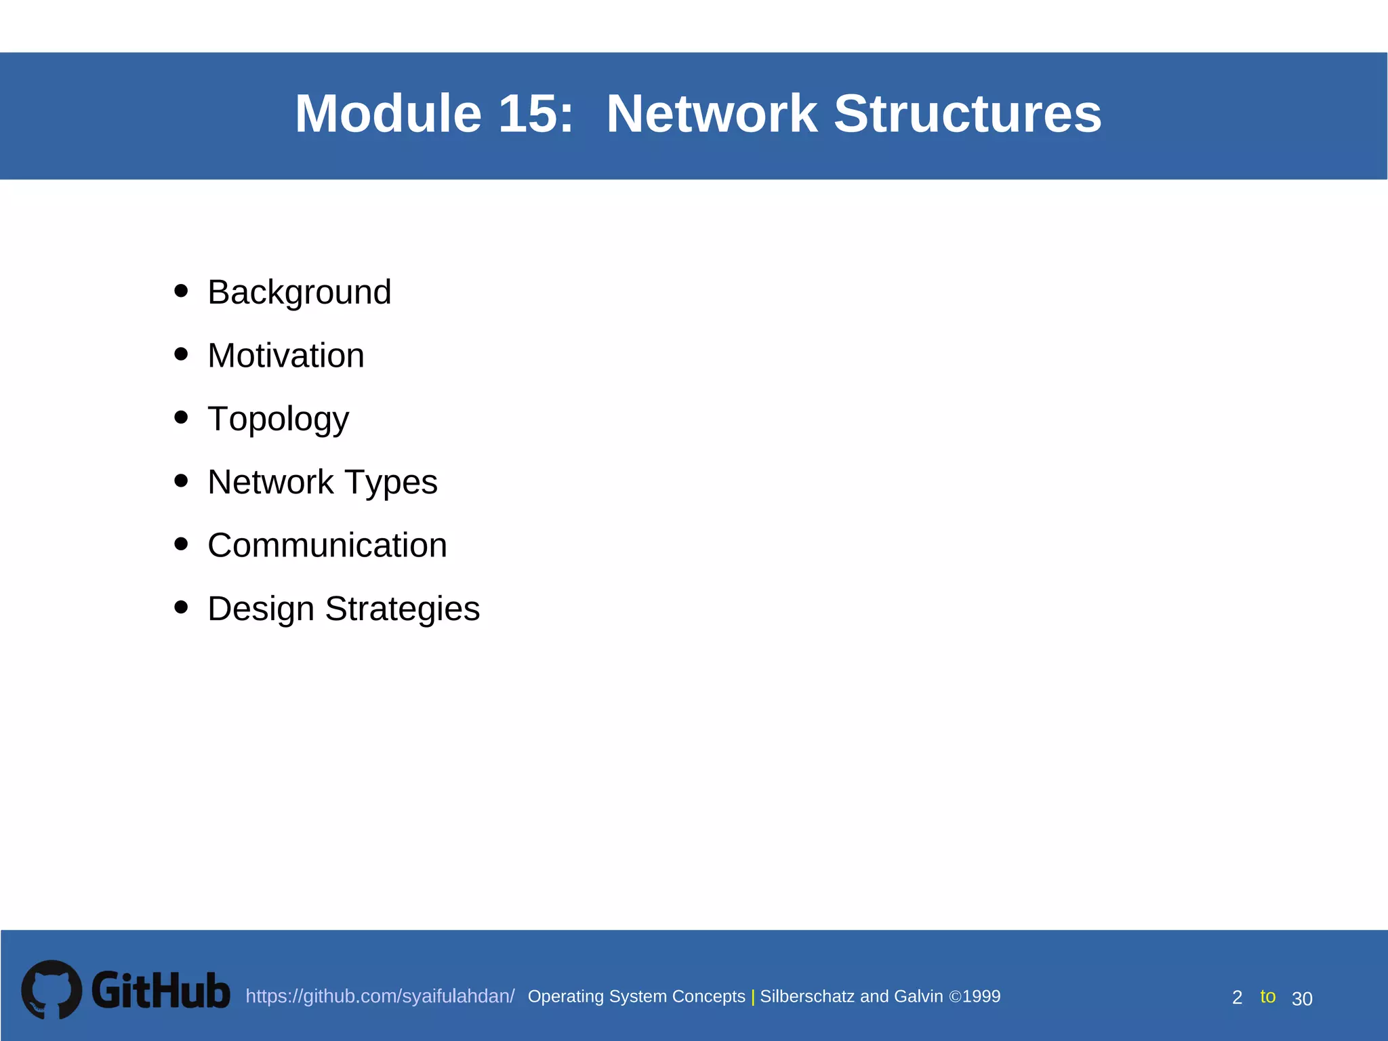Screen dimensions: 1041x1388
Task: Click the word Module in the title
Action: tap(388, 114)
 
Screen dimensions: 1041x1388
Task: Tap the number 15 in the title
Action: tap(535, 114)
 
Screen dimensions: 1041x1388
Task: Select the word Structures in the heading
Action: tap(967, 114)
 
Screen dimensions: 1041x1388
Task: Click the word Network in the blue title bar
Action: tap(712, 114)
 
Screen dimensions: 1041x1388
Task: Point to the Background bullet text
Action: tap(299, 293)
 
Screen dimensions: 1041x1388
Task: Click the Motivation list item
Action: tap(285, 356)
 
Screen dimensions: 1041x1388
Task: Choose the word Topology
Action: tap(278, 420)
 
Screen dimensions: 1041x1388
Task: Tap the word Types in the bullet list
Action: tap(391, 483)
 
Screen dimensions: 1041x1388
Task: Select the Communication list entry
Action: tap(327, 546)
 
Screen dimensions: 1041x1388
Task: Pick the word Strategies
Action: tap(402, 609)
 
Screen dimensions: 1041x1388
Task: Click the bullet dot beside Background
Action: tap(181, 291)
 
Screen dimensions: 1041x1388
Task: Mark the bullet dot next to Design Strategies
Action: tap(181, 607)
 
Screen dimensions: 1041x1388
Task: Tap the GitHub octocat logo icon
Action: tap(52, 989)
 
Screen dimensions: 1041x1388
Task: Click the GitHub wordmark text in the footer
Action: tap(161, 991)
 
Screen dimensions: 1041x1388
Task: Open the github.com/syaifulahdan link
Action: tap(380, 996)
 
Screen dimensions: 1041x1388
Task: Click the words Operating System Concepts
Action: tap(636, 996)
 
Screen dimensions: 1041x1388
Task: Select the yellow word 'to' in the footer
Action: tap(1267, 996)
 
